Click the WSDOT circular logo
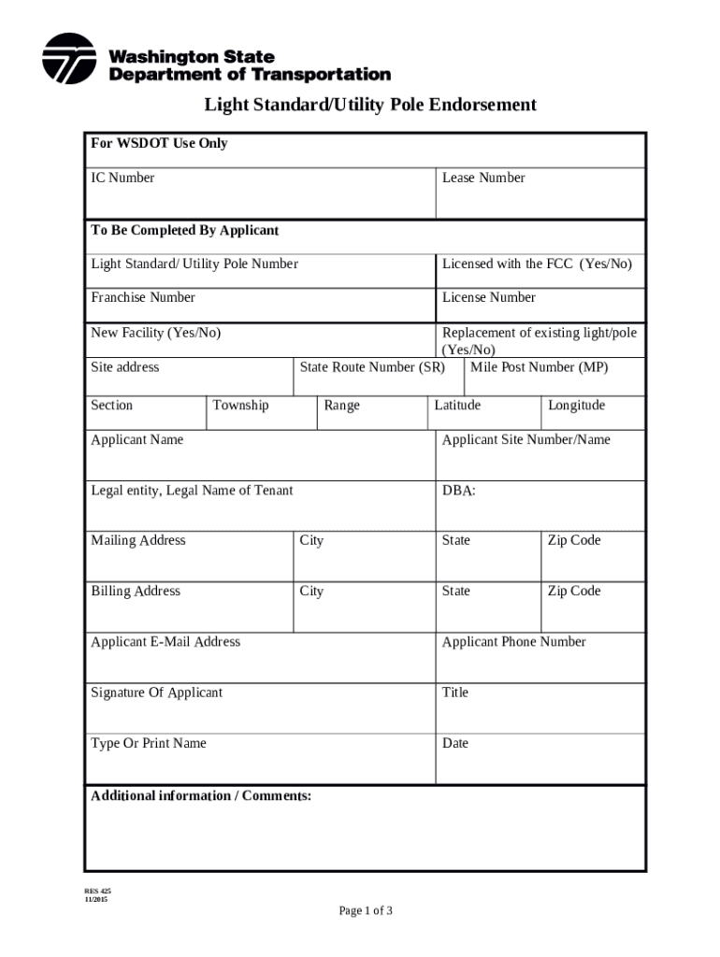tap(69, 59)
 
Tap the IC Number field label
tap(122, 178)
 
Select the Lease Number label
tap(483, 178)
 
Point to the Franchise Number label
tap(143, 297)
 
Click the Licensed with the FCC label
tap(537, 264)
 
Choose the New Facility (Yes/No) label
tap(155, 333)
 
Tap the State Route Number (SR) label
tap(372, 367)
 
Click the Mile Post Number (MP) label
tap(539, 367)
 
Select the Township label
tap(240, 405)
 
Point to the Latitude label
tap(457, 405)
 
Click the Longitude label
tap(576, 405)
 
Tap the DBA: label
tap(458, 490)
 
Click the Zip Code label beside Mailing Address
tap(574, 540)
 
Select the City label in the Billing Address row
tap(311, 591)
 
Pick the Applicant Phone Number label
tap(513, 641)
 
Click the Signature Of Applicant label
tap(156, 693)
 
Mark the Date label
tap(455, 743)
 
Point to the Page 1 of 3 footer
tap(366, 910)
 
